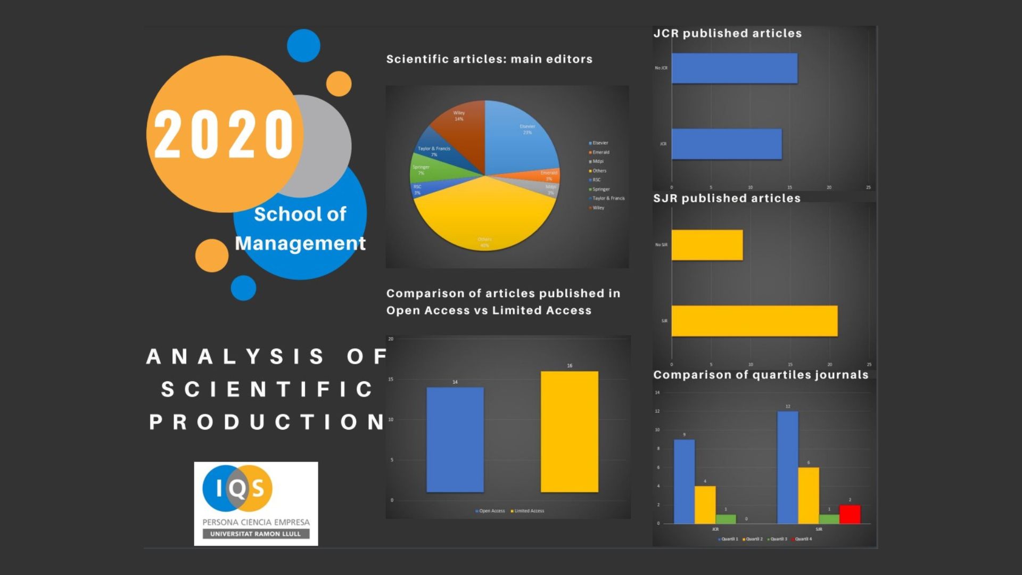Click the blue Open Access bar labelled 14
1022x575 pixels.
click(455, 439)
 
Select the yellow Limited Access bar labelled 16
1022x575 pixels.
click(569, 431)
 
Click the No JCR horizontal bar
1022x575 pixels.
click(734, 68)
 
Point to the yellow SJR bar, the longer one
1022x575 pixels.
click(754, 321)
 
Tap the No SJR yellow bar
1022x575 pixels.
click(707, 245)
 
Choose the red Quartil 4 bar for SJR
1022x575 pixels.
click(850, 514)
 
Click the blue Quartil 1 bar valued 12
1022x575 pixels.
click(787, 467)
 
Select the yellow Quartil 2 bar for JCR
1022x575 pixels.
click(705, 504)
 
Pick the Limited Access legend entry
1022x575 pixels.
click(528, 511)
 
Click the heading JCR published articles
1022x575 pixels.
click(727, 33)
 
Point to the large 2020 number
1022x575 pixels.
click(224, 134)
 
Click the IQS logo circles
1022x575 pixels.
click(237, 487)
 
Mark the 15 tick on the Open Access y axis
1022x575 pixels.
click(391, 379)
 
